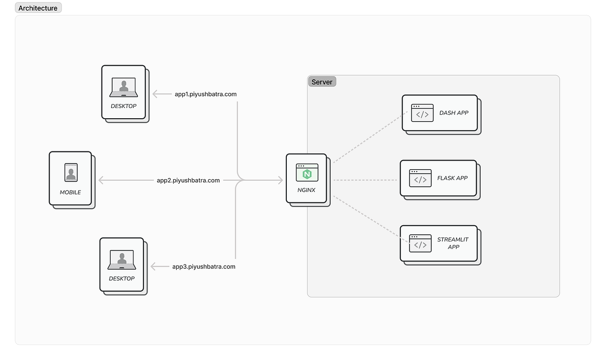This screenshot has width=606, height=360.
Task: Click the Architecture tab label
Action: point(38,8)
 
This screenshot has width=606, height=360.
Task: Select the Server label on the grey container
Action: point(322,82)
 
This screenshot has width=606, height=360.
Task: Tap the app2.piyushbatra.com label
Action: point(188,180)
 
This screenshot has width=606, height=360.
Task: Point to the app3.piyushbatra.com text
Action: point(204,267)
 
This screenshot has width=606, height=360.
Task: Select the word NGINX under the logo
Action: point(307,190)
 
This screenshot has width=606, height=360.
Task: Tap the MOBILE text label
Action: point(70,192)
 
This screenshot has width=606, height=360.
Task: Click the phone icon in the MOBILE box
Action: point(71,172)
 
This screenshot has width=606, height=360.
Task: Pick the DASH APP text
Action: point(453,113)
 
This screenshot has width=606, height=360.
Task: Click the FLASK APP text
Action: point(452,178)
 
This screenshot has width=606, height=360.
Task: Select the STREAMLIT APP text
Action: point(452,243)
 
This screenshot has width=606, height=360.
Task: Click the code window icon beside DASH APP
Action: point(422,113)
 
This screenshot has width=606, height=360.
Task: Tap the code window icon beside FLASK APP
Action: point(420,178)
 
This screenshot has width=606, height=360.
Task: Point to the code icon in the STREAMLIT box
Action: point(420,243)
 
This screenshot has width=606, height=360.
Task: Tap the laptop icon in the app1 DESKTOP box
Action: point(124,87)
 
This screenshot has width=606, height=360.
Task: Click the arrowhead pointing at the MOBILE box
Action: point(101,180)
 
